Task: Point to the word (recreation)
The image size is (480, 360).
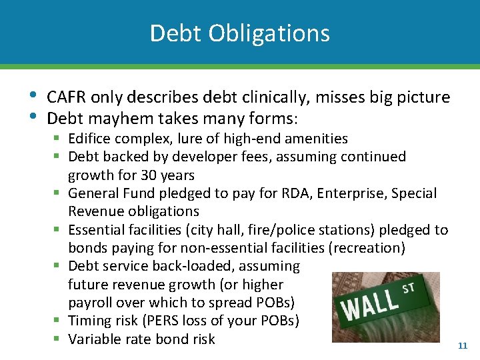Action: tap(370, 248)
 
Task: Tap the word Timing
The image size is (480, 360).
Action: tap(90, 321)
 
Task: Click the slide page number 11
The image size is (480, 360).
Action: tap(463, 346)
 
